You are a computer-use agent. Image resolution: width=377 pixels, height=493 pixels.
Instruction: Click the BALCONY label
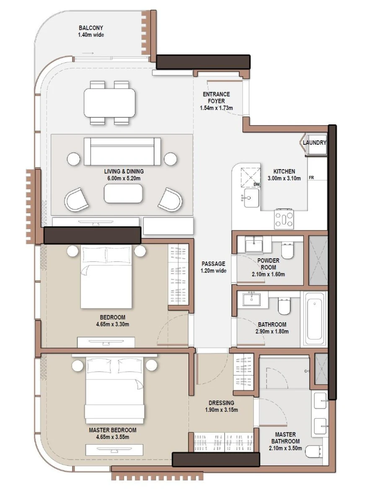click(x=90, y=28)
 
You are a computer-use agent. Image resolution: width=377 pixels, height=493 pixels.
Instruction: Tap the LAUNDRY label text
click(x=314, y=143)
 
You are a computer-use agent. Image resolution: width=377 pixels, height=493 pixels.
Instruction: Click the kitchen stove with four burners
click(x=284, y=218)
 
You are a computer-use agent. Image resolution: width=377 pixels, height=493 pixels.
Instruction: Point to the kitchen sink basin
click(x=251, y=197)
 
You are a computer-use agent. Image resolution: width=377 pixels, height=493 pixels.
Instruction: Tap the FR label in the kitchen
click(x=311, y=178)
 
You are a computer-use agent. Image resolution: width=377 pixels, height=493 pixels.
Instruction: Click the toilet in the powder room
click(x=288, y=251)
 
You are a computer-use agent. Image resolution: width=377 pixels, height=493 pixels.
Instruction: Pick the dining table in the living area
click(x=110, y=103)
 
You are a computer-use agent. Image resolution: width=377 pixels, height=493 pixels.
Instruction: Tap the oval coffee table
click(x=123, y=194)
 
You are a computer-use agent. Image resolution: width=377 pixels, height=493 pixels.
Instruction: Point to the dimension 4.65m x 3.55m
click(x=112, y=437)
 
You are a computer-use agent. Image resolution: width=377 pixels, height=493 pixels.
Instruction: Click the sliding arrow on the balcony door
click(x=88, y=54)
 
